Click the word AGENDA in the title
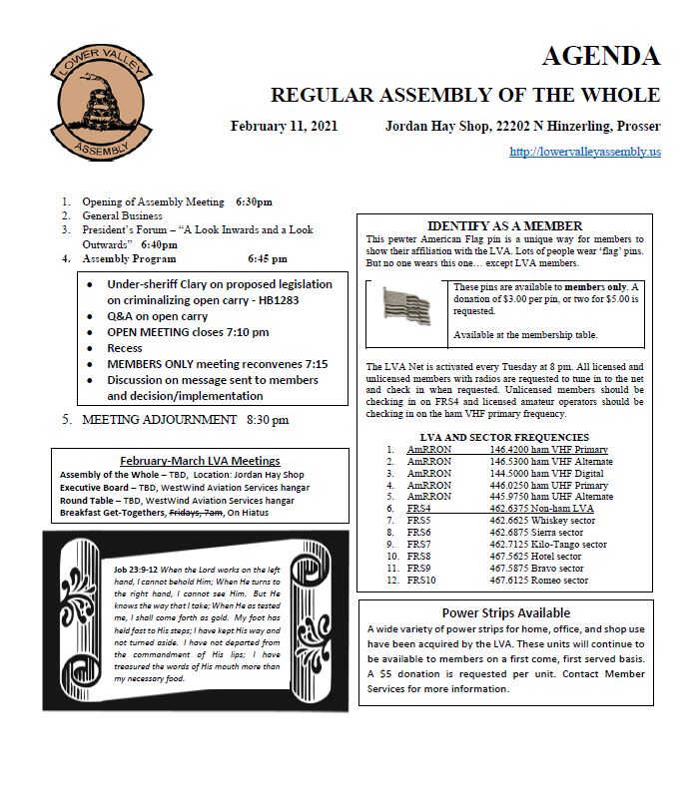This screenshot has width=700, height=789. click(x=600, y=56)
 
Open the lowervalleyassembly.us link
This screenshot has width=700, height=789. click(x=584, y=152)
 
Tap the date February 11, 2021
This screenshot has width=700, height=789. click(x=284, y=127)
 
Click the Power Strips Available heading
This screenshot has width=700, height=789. click(x=505, y=612)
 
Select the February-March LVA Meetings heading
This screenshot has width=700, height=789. click(x=199, y=460)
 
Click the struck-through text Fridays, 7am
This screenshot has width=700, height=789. click(x=198, y=512)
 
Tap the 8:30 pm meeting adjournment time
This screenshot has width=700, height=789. click(x=268, y=420)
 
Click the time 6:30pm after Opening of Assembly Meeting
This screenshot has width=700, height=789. click(x=254, y=201)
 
